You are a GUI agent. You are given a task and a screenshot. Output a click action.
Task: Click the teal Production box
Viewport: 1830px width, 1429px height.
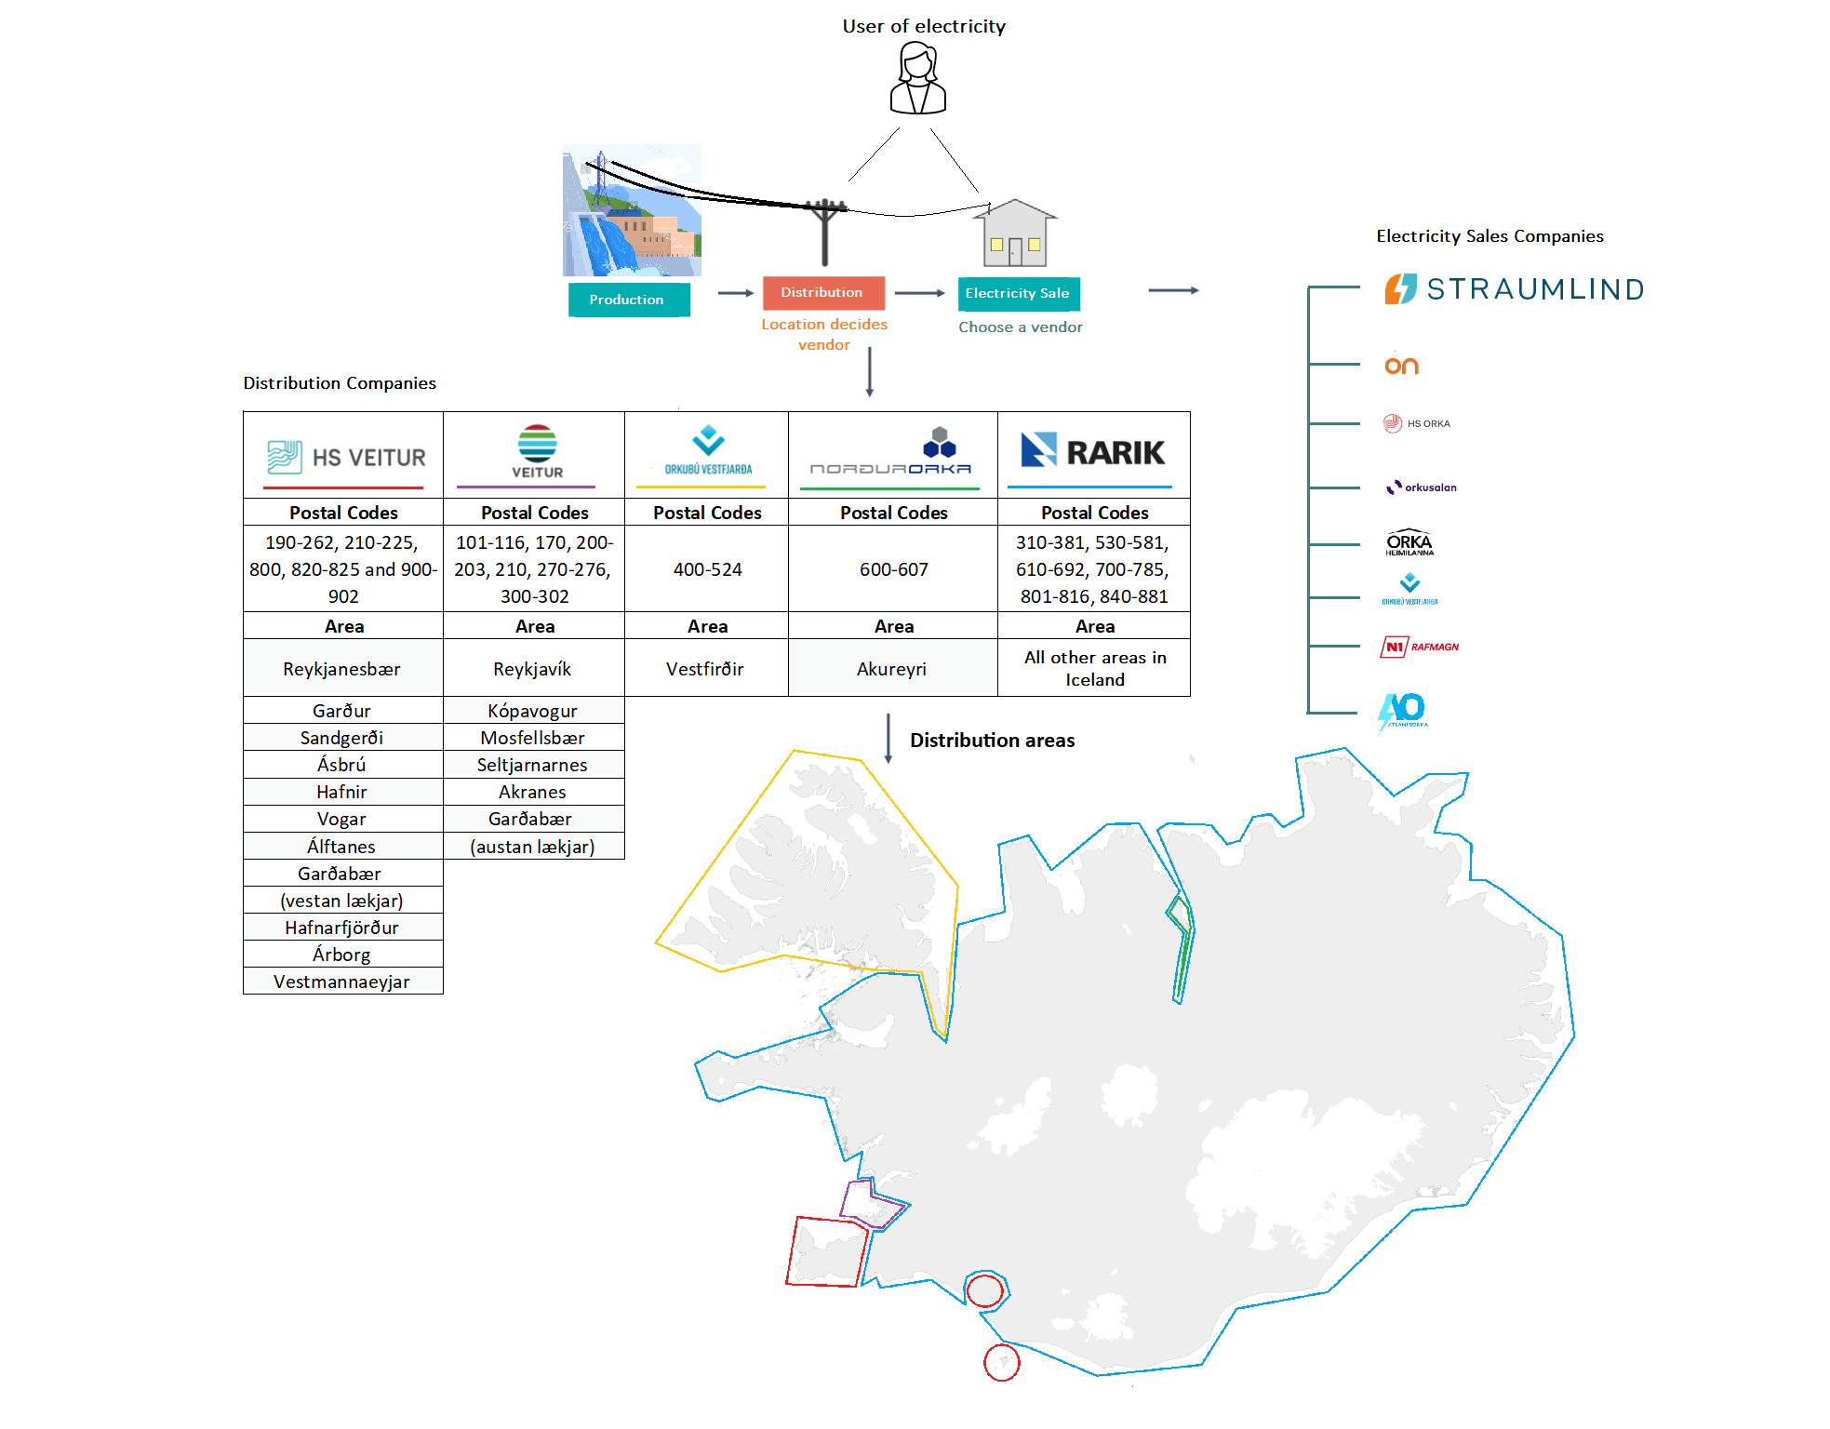tap(628, 300)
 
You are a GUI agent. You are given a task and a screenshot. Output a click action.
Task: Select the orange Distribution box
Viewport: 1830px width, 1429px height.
tap(822, 292)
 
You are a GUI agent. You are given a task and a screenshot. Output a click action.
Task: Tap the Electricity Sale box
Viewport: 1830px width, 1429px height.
tap(1018, 293)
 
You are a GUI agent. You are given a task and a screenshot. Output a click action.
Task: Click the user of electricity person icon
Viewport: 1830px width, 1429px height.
tap(918, 80)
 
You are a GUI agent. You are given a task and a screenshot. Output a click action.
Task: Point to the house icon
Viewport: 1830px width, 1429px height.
tap(1015, 234)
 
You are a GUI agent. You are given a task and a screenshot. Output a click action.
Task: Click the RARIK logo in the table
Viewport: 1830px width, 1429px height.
tap(1093, 452)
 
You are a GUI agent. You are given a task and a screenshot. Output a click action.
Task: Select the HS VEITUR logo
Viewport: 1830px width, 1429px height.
tap(345, 457)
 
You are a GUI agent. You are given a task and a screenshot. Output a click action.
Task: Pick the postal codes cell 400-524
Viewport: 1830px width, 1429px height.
tap(707, 569)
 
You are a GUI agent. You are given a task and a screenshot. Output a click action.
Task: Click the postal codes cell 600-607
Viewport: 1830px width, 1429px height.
tap(893, 569)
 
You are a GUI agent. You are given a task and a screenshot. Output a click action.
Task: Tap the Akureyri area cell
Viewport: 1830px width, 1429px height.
tap(891, 669)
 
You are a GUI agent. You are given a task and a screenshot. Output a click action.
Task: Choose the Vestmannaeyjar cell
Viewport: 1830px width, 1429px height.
tap(342, 982)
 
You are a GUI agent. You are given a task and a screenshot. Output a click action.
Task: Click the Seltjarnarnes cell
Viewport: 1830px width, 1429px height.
tap(532, 765)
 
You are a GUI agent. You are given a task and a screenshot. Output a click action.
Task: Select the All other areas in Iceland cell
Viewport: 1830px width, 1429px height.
tap(1094, 668)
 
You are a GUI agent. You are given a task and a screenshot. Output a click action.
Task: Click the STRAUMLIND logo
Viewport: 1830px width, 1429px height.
tap(1515, 289)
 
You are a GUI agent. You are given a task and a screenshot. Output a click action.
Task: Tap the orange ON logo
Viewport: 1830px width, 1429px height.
tap(1401, 366)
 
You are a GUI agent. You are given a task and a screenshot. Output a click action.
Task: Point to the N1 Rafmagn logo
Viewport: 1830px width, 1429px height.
tap(1420, 647)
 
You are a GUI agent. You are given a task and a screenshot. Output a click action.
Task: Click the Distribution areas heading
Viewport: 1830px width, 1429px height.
tap(992, 741)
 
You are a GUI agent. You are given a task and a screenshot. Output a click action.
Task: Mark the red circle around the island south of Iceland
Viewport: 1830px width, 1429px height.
tap(1002, 1363)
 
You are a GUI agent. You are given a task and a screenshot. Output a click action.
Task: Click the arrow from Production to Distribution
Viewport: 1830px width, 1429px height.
tap(735, 293)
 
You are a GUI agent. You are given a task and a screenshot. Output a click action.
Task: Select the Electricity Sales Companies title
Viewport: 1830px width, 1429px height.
tap(1489, 236)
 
